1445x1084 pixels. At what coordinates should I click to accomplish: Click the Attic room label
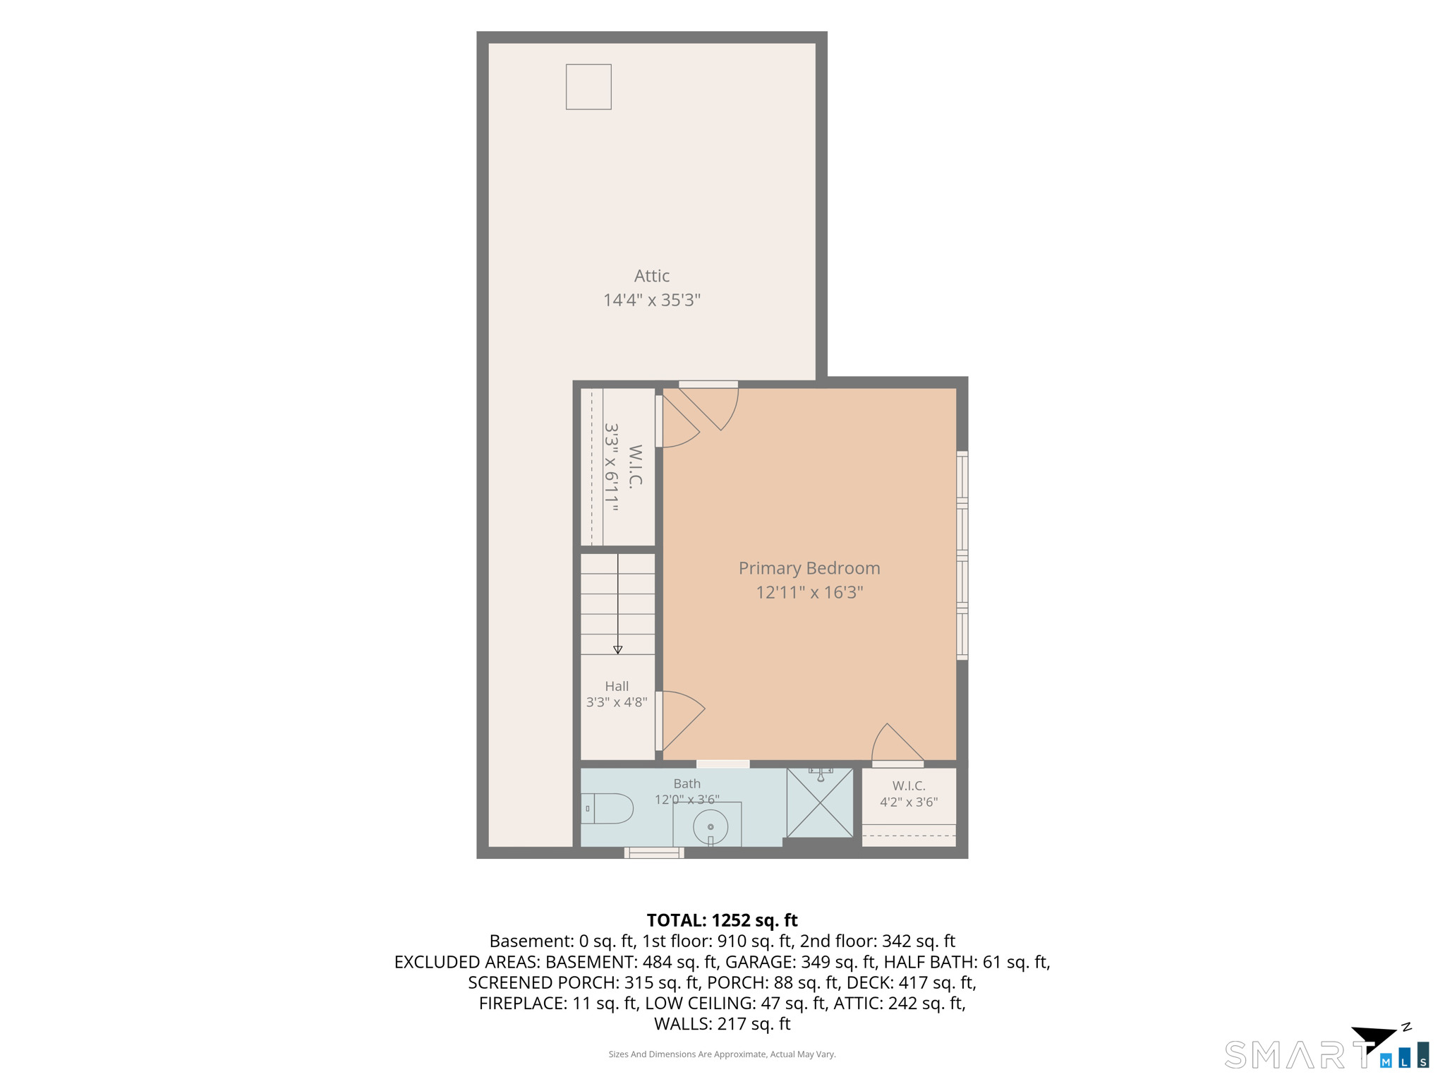click(651, 276)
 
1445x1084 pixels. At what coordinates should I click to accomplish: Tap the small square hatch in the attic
click(588, 87)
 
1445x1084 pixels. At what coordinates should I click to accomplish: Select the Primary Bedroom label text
click(809, 569)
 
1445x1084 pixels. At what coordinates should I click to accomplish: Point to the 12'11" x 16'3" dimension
click(809, 592)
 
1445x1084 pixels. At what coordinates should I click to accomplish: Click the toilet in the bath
click(607, 809)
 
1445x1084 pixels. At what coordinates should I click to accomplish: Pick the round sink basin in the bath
click(711, 827)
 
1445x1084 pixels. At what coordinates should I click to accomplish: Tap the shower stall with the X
click(820, 802)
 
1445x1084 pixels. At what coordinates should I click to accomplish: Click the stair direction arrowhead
click(618, 650)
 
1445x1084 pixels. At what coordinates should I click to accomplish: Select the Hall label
click(617, 686)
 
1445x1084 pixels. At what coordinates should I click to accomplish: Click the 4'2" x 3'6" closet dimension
click(909, 802)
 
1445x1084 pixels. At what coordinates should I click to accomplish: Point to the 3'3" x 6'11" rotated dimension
click(611, 467)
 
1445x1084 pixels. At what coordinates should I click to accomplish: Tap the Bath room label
click(687, 783)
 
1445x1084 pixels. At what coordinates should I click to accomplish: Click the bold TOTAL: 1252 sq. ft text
click(722, 920)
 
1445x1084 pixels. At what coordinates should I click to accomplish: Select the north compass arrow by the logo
click(1374, 1039)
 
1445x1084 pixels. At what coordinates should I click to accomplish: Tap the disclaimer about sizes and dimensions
click(722, 1054)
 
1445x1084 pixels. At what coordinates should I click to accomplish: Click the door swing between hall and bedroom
click(681, 721)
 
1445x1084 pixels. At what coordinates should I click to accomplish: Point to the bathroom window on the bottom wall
click(654, 853)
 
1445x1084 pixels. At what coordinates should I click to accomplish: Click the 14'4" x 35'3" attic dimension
click(651, 300)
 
